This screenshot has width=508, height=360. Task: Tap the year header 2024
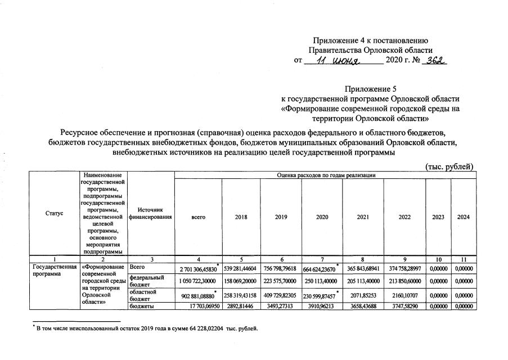(x=464, y=217)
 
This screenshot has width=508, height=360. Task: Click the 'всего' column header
(x=198, y=217)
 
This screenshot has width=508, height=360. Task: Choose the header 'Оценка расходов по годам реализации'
(x=326, y=175)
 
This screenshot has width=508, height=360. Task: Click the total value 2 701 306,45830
(x=197, y=269)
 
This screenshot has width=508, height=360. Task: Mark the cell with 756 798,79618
(x=281, y=268)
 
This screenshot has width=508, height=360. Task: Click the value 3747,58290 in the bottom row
(x=404, y=307)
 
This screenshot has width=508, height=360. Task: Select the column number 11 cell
(x=464, y=259)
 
